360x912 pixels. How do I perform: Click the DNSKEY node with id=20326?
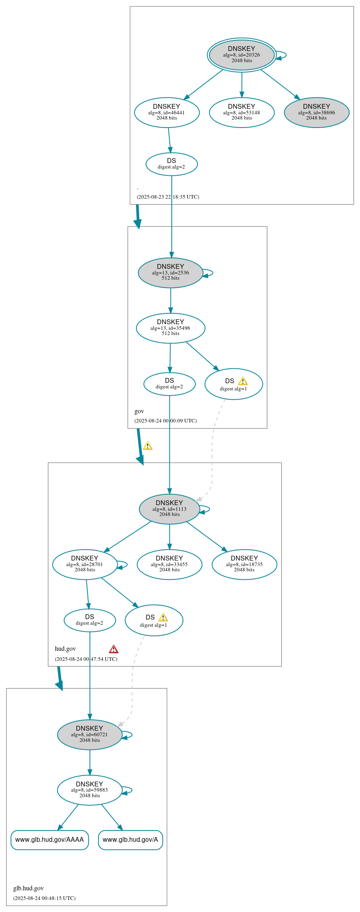tap(242, 55)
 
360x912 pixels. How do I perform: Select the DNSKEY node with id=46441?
tap(167, 112)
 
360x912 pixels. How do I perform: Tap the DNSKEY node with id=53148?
tap(242, 112)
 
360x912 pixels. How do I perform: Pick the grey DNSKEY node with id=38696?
tap(316, 112)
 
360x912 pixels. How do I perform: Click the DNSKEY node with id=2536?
tap(170, 272)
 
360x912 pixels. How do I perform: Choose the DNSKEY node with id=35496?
tap(170, 328)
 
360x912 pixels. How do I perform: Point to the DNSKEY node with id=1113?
tap(169, 509)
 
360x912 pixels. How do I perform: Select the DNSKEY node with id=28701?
tap(85, 564)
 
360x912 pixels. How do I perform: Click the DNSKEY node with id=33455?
tap(169, 564)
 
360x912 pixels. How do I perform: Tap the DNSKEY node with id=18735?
tap(244, 564)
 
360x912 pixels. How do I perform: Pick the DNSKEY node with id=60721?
tap(89, 734)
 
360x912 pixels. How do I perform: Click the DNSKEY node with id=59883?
tap(89, 790)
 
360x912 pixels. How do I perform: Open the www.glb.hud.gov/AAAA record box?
tap(49, 839)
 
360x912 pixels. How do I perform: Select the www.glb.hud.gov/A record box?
tap(130, 839)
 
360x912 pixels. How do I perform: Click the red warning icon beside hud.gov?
tap(114, 649)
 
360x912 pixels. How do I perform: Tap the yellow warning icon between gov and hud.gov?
tap(148, 446)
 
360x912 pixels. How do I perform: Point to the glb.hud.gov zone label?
tap(28, 888)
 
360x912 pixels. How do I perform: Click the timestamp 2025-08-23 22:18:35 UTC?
tap(168, 197)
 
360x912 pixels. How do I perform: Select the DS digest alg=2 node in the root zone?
tap(171, 164)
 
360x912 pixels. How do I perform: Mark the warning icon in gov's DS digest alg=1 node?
tap(243, 381)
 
